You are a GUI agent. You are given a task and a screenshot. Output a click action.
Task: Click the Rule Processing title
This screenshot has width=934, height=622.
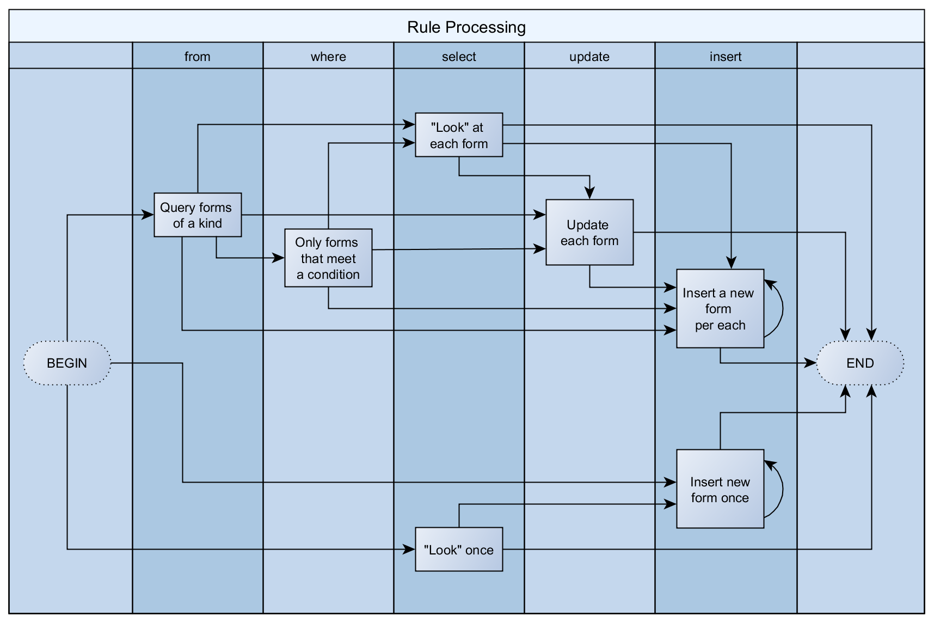click(466, 27)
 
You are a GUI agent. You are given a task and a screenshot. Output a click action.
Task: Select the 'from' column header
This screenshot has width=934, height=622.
click(197, 57)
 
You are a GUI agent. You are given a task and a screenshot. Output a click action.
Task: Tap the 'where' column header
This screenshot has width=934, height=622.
click(328, 57)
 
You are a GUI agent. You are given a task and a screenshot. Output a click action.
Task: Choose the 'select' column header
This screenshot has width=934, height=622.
click(459, 57)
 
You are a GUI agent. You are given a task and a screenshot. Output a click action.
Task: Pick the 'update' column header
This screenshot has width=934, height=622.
click(589, 57)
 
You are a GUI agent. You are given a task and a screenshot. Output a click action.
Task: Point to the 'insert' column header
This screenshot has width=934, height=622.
click(726, 57)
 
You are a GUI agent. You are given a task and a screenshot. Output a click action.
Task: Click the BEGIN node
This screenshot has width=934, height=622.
click(67, 363)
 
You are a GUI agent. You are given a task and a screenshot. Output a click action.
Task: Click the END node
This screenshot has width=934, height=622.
click(860, 363)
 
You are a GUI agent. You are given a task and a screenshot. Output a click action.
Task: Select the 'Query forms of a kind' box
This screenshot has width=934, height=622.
click(197, 215)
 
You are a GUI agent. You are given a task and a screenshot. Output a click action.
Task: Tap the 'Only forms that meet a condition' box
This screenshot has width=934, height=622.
click(328, 258)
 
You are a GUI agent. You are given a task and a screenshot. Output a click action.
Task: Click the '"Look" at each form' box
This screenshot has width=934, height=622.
click(459, 135)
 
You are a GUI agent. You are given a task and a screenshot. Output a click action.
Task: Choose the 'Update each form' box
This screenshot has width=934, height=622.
click(589, 233)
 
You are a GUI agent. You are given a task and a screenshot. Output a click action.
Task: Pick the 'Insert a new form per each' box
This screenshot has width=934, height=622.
click(720, 309)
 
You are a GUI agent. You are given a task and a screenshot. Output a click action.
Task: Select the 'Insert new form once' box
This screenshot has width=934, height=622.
click(720, 489)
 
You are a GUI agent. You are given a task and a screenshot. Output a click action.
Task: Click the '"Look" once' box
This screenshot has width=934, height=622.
click(459, 550)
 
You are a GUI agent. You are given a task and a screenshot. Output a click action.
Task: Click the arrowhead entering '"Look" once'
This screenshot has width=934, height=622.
click(409, 550)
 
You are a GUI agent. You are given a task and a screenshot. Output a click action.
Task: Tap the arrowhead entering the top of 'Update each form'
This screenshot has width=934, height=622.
click(589, 193)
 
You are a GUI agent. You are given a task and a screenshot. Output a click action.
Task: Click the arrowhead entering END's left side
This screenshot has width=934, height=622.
click(810, 363)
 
